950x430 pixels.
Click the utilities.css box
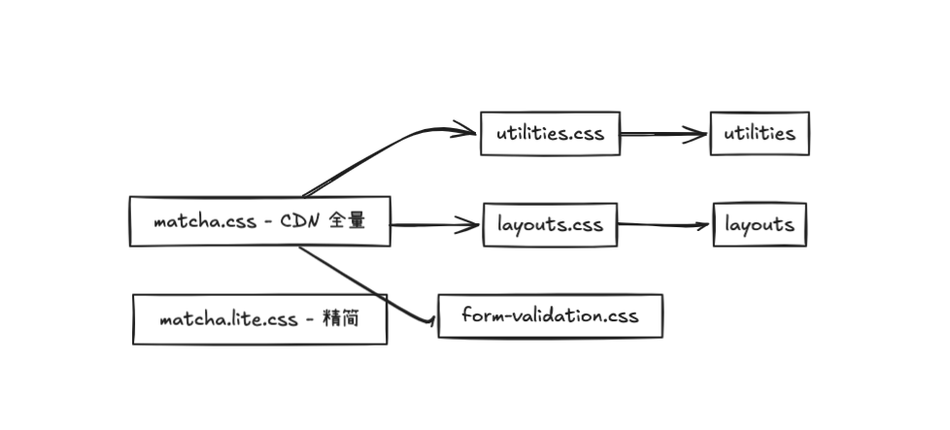[x=549, y=133]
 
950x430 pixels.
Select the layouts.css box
[x=550, y=225]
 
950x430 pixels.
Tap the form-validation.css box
[x=550, y=315]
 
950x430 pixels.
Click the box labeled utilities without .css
[x=759, y=133]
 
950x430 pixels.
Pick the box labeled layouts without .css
[x=759, y=225]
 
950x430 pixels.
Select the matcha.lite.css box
[x=259, y=319]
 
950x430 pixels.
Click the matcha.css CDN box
[x=259, y=221]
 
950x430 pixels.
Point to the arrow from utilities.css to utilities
[x=664, y=135]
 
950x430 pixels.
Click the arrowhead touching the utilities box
[x=700, y=135]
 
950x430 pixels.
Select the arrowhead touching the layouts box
[x=703, y=226]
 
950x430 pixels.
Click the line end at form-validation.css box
[x=430, y=320]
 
